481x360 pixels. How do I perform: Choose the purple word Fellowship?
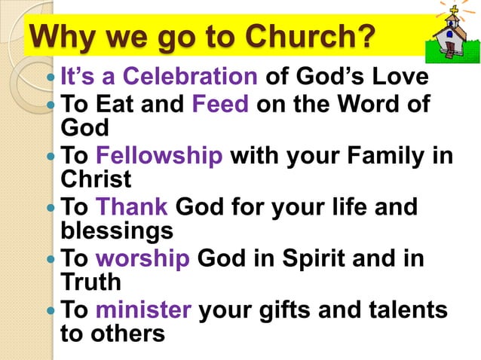[x=159, y=156]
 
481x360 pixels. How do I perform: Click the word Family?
[x=381, y=156]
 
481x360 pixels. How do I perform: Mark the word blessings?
[x=116, y=230]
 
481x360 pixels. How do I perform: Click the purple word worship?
[x=142, y=258]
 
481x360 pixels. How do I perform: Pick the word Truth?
[x=90, y=282]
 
